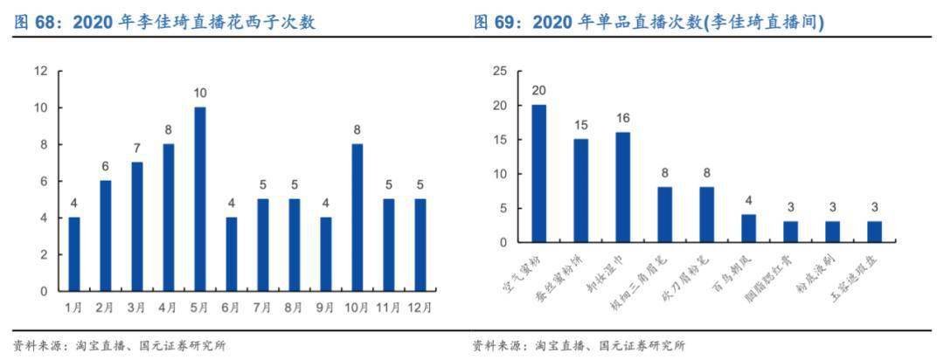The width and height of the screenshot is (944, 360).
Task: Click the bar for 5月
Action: (200, 199)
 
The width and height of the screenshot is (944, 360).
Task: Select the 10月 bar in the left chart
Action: (357, 218)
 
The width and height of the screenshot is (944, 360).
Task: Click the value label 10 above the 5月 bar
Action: (200, 93)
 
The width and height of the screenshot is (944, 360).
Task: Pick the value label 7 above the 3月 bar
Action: (137, 149)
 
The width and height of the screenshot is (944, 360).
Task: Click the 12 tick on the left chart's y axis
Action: (41, 71)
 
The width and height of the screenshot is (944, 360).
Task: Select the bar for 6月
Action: (232, 254)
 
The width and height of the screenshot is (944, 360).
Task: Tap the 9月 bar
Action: (326, 254)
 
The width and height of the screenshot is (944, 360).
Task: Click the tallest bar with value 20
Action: (539, 173)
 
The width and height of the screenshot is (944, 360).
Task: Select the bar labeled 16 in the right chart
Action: (623, 187)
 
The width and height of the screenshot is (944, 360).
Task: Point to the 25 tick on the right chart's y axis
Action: (499, 71)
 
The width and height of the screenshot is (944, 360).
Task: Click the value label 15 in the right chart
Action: (581, 125)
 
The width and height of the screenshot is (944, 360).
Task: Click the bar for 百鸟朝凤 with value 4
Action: (749, 228)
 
